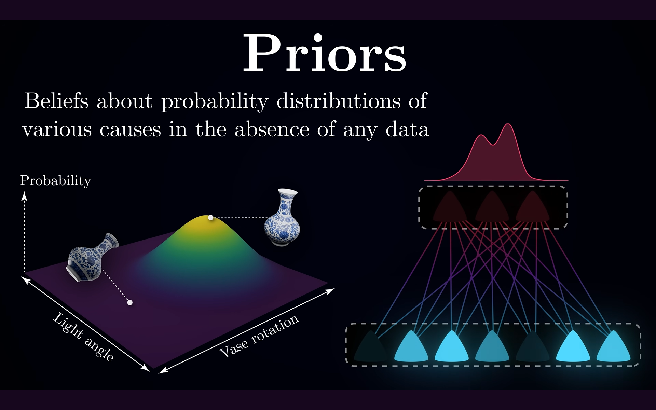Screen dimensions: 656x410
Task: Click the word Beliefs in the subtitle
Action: coord(57,101)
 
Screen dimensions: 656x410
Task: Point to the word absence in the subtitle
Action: coord(272,129)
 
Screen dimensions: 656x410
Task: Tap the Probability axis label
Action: coord(55,181)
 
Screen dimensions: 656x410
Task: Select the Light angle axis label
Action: coord(84,337)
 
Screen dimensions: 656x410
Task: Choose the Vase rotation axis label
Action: coord(259,336)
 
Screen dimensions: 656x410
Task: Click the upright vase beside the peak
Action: coord(282,217)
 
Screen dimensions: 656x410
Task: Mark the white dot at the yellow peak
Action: coord(211,218)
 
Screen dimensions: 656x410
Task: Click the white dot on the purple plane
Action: coord(130,302)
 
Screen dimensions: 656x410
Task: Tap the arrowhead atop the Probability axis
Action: coord(24,195)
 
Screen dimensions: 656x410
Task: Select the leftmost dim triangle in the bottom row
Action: coord(371,347)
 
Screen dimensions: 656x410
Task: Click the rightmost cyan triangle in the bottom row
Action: coord(613,347)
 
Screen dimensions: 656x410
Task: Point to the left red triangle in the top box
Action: coord(450,207)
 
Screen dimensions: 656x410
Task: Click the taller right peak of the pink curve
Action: coord(508,124)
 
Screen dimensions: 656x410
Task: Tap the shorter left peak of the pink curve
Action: coord(482,135)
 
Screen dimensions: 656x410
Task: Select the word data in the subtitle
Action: coord(408,129)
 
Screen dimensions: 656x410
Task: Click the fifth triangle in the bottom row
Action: coord(532,347)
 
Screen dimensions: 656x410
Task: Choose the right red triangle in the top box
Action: coord(532,207)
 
